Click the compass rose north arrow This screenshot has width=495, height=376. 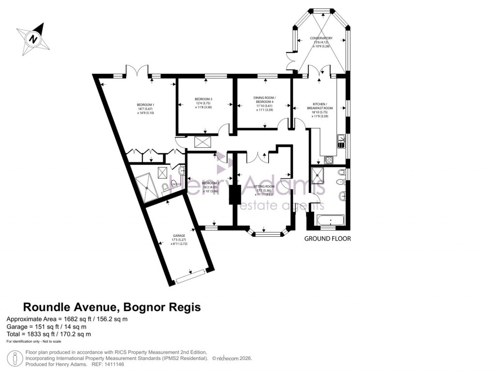click(x=33, y=38)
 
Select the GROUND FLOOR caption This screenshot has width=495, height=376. click(x=327, y=239)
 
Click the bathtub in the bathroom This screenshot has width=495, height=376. click(x=331, y=222)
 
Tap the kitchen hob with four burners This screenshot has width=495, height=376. click(x=329, y=160)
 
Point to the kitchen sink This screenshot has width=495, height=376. click(x=341, y=141)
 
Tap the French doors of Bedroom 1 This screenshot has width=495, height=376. click(x=137, y=72)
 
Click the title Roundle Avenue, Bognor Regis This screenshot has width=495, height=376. click(x=112, y=307)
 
